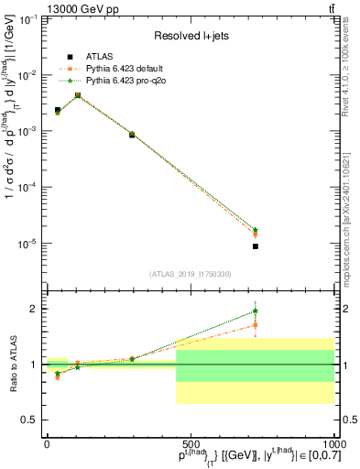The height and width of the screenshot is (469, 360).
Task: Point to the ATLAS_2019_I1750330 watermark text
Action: [x=190, y=273]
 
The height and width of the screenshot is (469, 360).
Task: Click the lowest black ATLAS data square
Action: [x=256, y=246]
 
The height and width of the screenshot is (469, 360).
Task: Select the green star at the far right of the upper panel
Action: [x=256, y=230]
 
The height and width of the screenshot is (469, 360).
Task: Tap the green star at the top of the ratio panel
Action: [x=256, y=311]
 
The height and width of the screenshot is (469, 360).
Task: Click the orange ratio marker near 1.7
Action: [x=256, y=324]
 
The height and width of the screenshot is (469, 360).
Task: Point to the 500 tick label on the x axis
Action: [x=190, y=442]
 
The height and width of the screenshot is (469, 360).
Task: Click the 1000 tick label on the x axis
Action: [x=331, y=442]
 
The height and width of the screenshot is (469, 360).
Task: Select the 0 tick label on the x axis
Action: [x=47, y=442]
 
